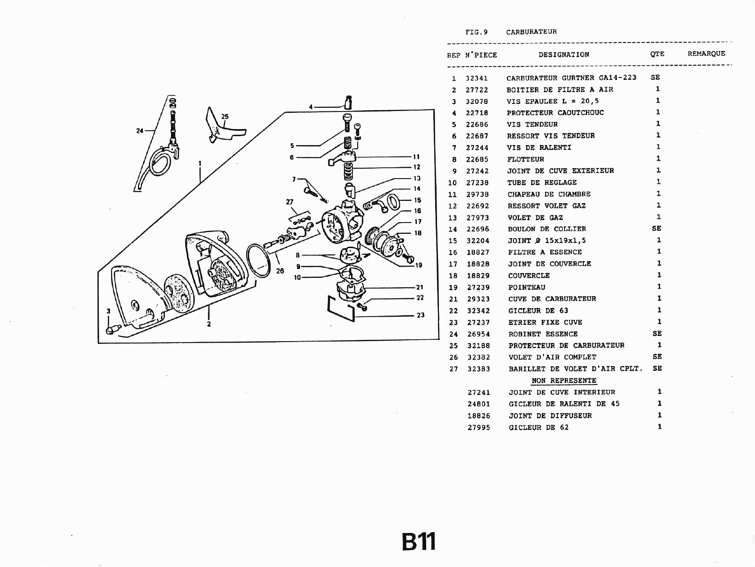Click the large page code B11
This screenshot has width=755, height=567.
(419, 542)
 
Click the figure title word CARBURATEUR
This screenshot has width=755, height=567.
(532, 32)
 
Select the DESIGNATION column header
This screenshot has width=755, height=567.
(564, 55)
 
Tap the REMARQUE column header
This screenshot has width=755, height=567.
(706, 54)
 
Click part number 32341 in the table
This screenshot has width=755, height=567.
(476, 78)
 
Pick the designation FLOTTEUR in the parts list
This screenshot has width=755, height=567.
(525, 159)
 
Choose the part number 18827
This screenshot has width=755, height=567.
(478, 252)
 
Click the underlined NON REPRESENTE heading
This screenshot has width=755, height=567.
(564, 381)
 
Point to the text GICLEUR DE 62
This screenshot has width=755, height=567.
(539, 428)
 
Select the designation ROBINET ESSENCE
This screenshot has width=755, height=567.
(543, 334)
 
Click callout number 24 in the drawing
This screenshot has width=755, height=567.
(140, 131)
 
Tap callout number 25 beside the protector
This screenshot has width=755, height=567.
(225, 117)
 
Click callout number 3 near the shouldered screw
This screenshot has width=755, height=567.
(108, 311)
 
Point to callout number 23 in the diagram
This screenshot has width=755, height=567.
(420, 315)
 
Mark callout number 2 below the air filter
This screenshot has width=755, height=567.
(209, 324)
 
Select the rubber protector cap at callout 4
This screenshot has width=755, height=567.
(348, 102)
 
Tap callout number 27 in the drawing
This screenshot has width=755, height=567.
(290, 202)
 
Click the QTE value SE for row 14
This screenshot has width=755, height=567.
(656, 228)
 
